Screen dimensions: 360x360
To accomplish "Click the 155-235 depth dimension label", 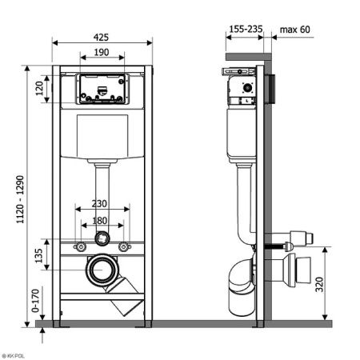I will click(243, 30).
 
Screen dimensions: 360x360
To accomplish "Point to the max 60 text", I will click(295, 30).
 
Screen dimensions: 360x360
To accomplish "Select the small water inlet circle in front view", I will click(102, 238).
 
